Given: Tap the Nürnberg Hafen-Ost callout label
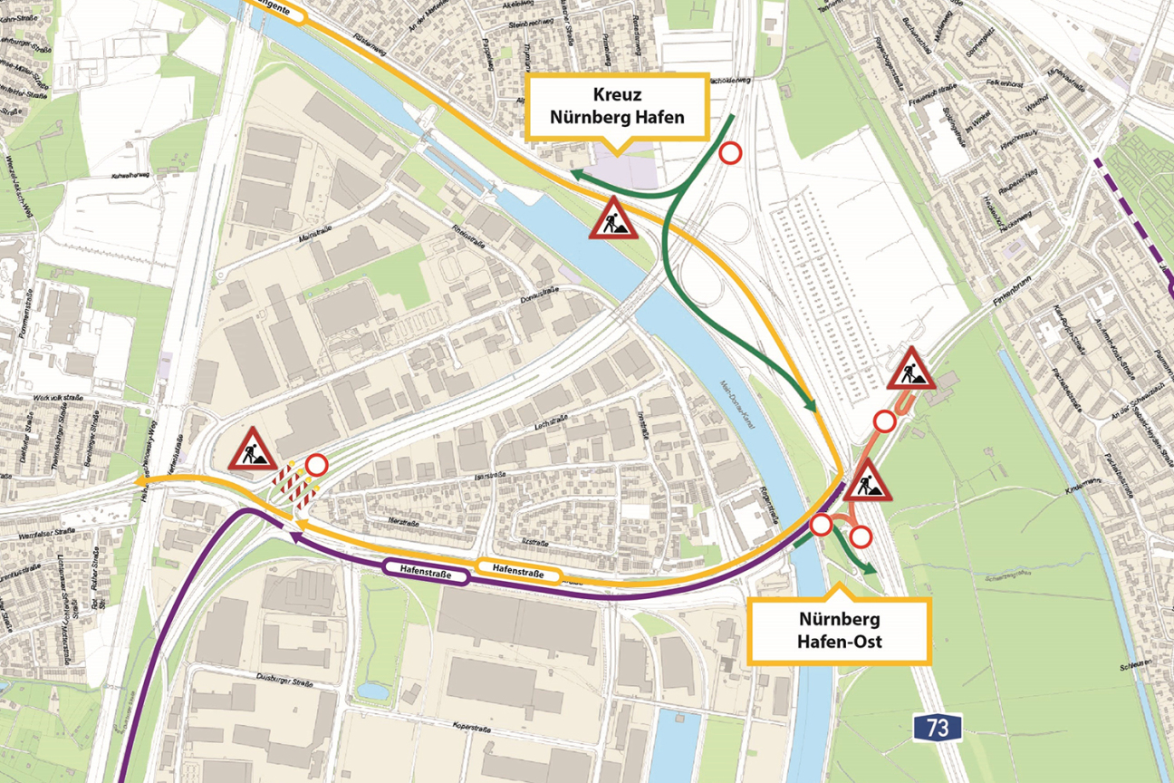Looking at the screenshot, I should click(840, 632).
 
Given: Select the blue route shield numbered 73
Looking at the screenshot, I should click(937, 726).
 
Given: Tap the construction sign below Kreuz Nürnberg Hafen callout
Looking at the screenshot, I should click(613, 219).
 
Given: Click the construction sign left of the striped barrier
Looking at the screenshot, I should click(253, 450).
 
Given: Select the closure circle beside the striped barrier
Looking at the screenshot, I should click(317, 465).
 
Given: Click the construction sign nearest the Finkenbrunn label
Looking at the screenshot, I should click(910, 369).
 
